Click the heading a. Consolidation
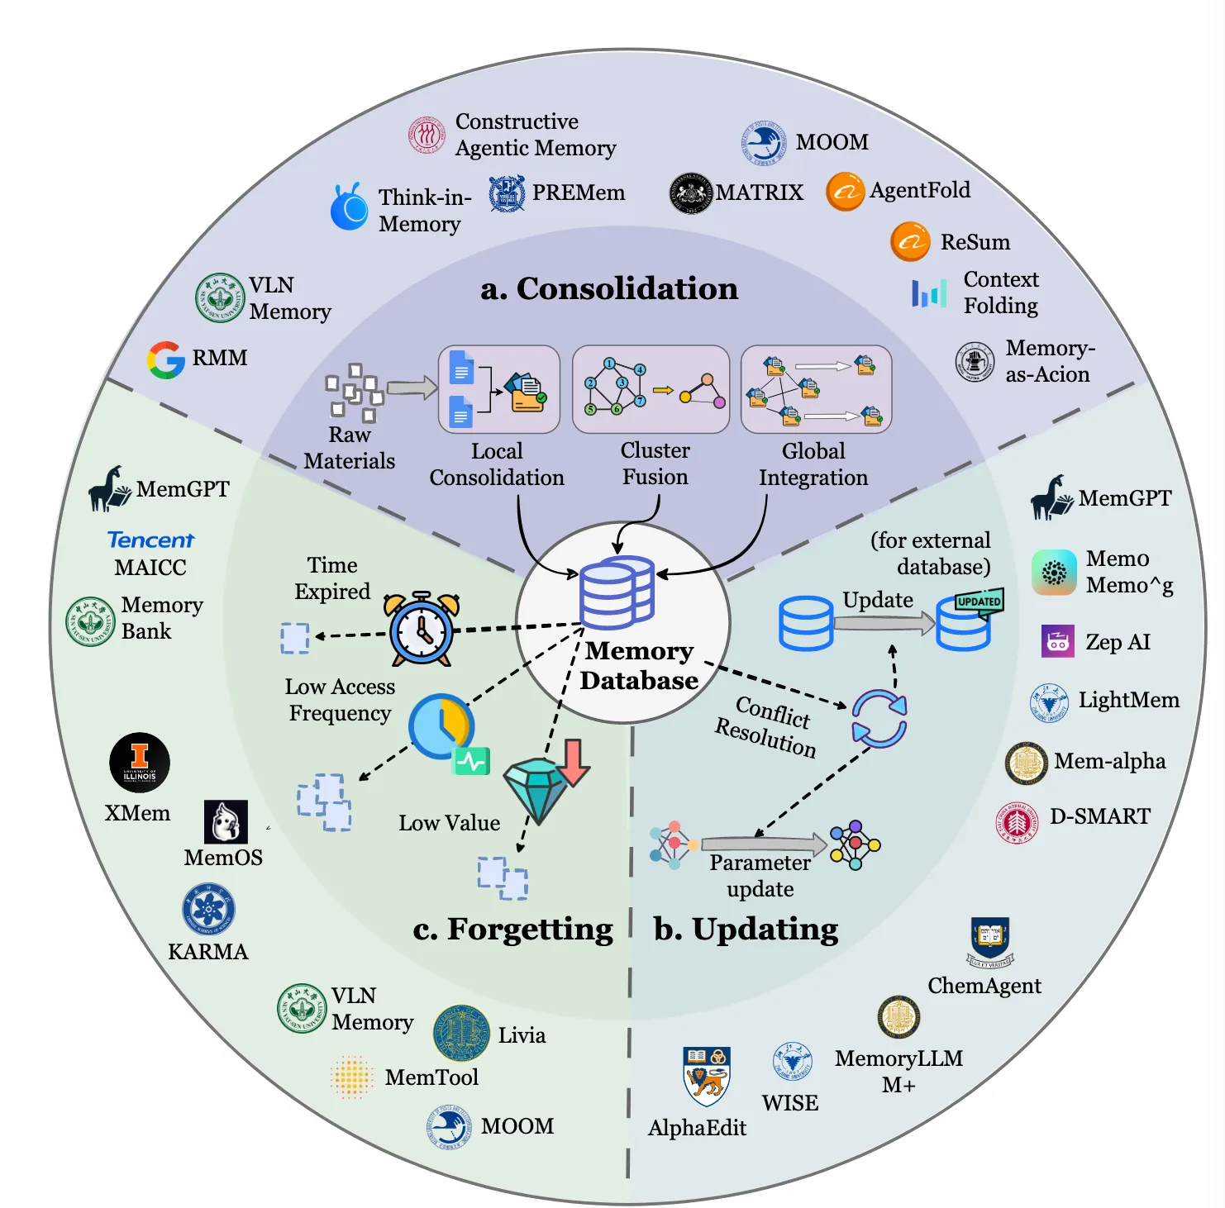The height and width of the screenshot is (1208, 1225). click(609, 288)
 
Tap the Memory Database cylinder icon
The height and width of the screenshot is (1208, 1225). click(617, 592)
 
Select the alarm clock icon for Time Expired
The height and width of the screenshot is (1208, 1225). click(422, 629)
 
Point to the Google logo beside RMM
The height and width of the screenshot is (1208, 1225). click(166, 359)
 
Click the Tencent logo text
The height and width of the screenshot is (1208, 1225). click(150, 540)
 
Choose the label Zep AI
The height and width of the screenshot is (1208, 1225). click(1118, 642)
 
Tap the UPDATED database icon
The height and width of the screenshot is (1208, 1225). click(967, 621)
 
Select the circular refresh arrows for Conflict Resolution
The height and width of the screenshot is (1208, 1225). click(879, 719)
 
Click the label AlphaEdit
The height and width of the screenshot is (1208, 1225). click(697, 1128)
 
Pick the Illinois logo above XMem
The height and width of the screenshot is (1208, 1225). click(140, 762)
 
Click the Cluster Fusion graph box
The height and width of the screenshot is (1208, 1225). click(651, 389)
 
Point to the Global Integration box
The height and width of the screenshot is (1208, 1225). click(816, 389)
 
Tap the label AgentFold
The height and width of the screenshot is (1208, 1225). click(919, 191)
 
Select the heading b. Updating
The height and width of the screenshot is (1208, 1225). click(746, 930)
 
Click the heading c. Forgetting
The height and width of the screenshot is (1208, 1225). click(512, 930)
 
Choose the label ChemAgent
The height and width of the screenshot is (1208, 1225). click(984, 986)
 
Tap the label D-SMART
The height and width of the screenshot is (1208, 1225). click(1099, 816)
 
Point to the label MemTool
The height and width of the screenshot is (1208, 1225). click(431, 1077)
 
